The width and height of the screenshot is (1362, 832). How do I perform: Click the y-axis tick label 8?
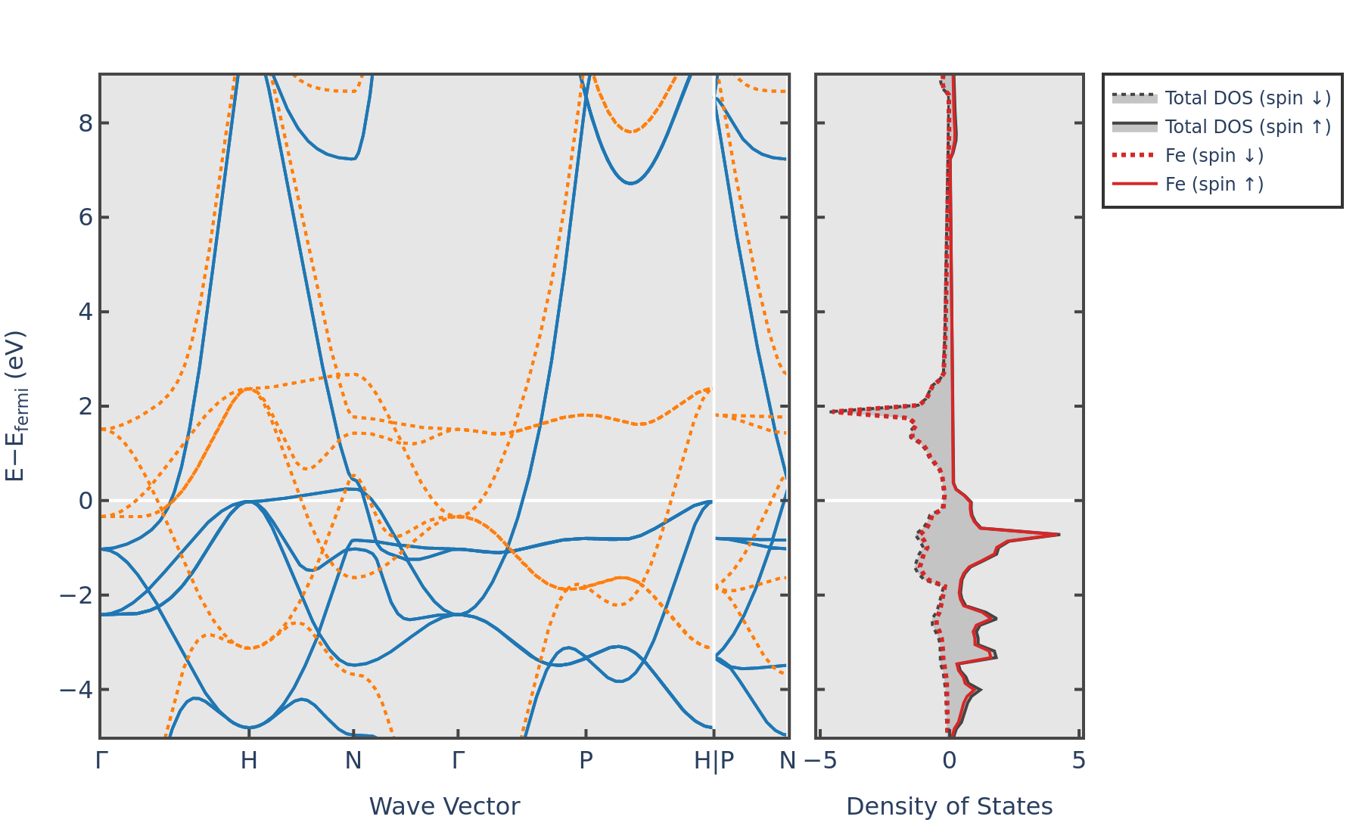point(86,123)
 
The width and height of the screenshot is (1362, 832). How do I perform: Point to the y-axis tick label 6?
point(86,217)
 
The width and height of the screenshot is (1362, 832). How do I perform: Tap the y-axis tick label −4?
point(76,690)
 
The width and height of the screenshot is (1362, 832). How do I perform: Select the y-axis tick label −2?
point(76,595)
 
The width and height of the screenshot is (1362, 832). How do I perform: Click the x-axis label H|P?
point(714,761)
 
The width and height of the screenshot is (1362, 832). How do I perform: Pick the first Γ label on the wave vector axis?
point(101,760)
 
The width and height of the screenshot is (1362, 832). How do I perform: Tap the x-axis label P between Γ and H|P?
point(586,760)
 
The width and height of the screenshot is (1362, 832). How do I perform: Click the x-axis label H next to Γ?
point(249,760)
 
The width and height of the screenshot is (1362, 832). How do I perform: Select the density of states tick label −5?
point(820,760)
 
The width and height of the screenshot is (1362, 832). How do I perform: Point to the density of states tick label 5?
point(1079,760)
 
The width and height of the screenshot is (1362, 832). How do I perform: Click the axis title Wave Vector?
point(444,806)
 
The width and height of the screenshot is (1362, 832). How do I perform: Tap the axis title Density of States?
point(949,806)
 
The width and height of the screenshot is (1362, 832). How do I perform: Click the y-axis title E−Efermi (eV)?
point(16,406)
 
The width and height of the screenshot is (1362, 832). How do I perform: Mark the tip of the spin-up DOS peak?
point(1059,535)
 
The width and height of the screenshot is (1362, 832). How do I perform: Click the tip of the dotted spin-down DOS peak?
point(831,411)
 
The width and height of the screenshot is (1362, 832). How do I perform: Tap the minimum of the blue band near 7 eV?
point(630,183)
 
